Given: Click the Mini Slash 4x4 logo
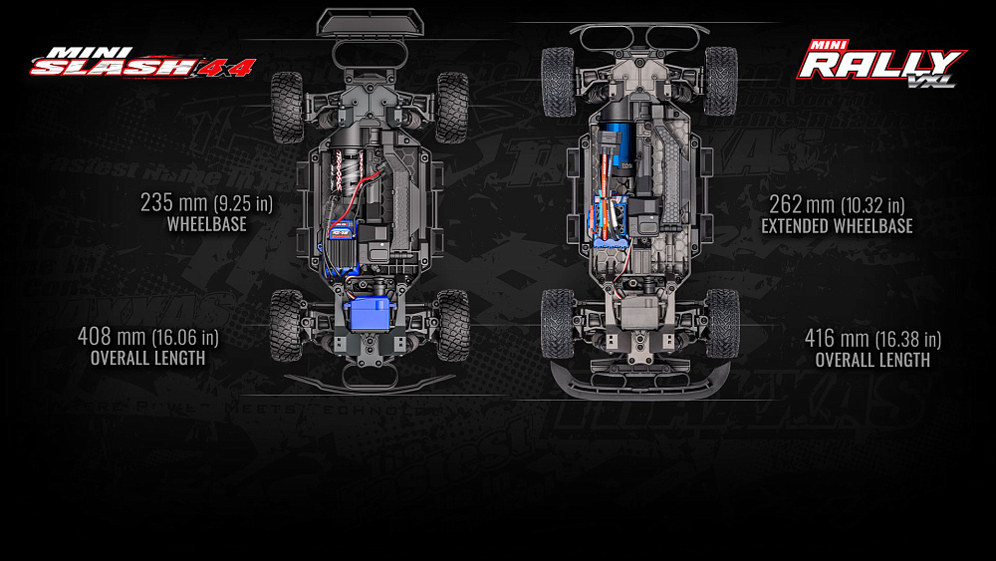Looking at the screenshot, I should click(x=142, y=62).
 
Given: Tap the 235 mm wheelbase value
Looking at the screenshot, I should click(x=206, y=204).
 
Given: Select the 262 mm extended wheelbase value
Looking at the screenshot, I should click(x=836, y=205).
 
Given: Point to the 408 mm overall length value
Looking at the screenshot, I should click(x=147, y=338).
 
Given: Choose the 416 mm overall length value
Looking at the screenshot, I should click(x=872, y=339).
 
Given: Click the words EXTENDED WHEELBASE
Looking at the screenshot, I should click(x=837, y=227).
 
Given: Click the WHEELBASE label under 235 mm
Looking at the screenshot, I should click(x=206, y=225).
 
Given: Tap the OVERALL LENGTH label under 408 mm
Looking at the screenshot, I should click(x=147, y=359).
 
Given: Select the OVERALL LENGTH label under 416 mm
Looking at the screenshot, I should click(x=872, y=360).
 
